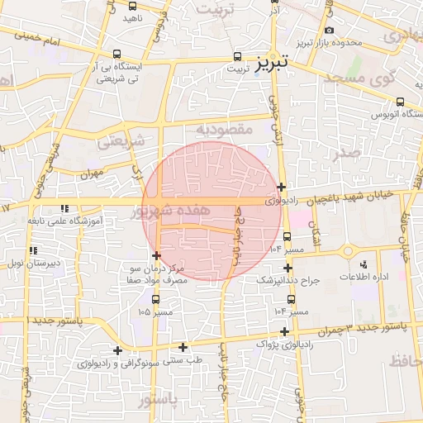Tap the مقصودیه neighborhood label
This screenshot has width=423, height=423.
223,130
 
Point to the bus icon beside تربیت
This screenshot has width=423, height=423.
238,57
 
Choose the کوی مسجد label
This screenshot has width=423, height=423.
361,78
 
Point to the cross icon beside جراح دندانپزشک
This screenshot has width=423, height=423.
288,268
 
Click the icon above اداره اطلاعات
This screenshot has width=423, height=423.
364,264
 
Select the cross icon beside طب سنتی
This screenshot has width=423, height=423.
183,347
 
